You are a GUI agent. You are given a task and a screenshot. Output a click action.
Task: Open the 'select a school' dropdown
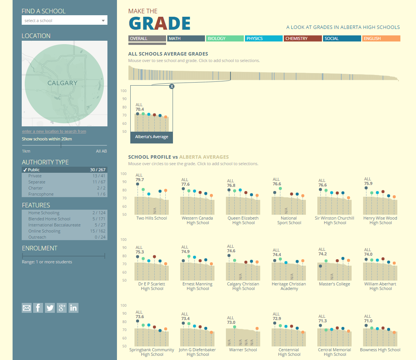(x=64, y=21)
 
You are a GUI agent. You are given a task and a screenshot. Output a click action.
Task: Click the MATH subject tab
(x=186, y=38)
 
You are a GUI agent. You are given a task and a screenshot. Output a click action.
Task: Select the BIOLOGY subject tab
(x=224, y=38)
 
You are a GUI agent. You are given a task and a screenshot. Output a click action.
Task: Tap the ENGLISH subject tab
(x=381, y=38)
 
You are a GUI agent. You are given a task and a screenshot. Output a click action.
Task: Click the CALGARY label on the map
(x=62, y=83)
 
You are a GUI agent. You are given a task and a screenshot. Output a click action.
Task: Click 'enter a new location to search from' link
(x=54, y=132)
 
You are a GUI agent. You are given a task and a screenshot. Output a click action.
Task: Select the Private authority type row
(x=64, y=176)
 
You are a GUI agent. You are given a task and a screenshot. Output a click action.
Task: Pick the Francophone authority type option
(x=64, y=194)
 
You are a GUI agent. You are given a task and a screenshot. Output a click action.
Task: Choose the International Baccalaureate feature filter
(x=64, y=225)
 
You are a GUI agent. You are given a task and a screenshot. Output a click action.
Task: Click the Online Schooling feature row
(x=64, y=231)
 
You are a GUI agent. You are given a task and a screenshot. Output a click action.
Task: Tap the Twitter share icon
(x=50, y=308)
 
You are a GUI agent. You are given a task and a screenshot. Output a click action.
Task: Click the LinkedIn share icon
(x=74, y=308)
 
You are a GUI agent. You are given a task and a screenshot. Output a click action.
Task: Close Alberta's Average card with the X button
(x=172, y=86)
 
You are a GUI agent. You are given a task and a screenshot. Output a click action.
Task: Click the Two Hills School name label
(x=152, y=218)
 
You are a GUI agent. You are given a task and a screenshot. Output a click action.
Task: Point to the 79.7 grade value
(x=140, y=180)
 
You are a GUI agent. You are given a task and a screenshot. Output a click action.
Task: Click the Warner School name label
(x=243, y=350)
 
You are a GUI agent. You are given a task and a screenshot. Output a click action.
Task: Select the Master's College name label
(x=334, y=284)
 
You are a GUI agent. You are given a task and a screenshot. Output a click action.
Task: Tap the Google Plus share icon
(x=62, y=308)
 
